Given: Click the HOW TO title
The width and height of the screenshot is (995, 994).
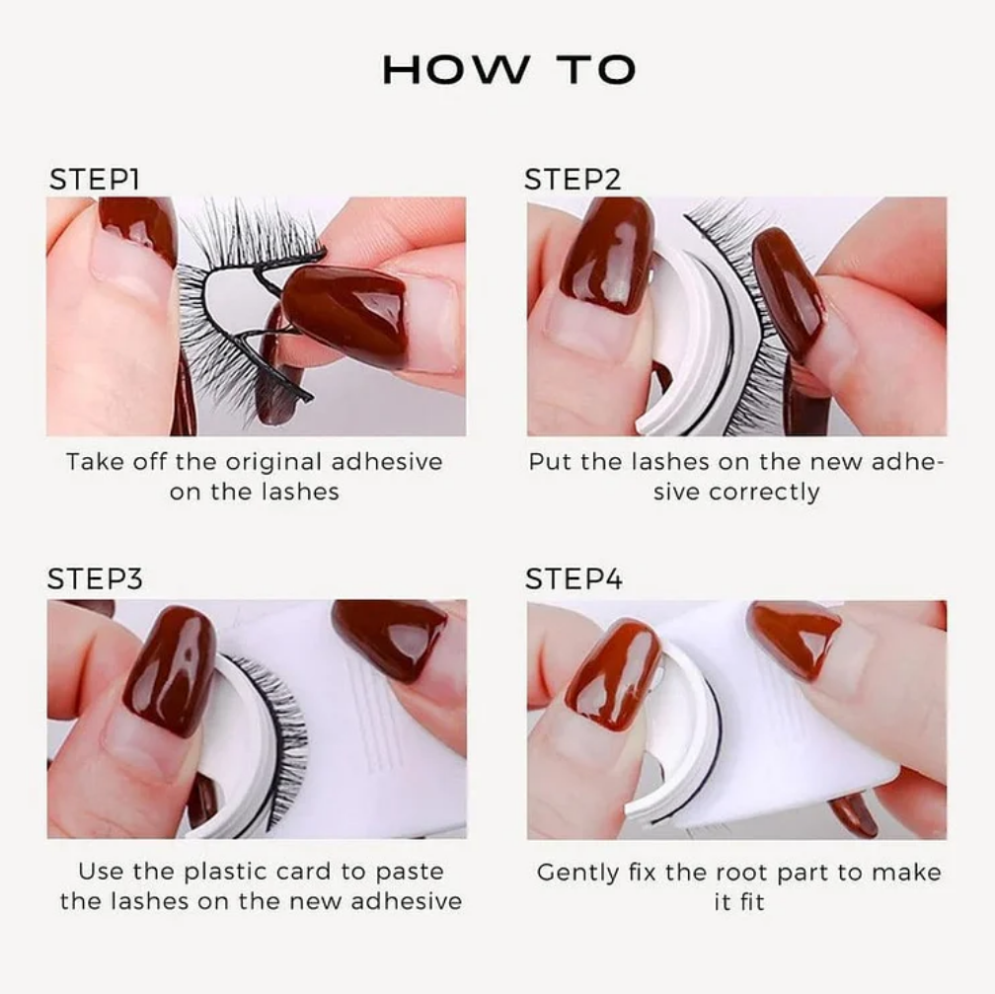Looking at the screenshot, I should point(508,70).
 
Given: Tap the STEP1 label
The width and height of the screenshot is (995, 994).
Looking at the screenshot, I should point(95,180).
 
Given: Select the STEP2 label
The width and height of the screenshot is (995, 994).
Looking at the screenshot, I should point(573,180).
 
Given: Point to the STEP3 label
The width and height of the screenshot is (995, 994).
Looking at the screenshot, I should point(95,578).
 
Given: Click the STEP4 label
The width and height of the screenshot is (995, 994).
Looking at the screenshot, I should point(574,578).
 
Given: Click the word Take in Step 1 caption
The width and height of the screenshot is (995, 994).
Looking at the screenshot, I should point(91,462).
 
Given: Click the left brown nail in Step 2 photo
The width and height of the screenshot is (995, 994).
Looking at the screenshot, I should point(606,255).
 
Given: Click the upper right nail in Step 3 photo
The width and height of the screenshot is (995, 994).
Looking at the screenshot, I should point(390,637).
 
